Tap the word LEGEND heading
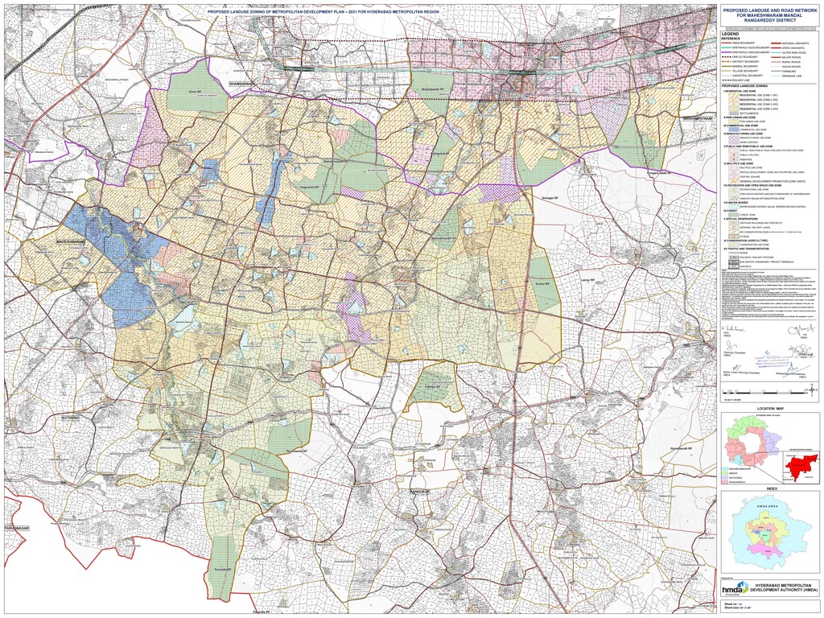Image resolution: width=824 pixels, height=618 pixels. (731, 33)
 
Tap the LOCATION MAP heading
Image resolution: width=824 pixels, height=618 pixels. (769, 410)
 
